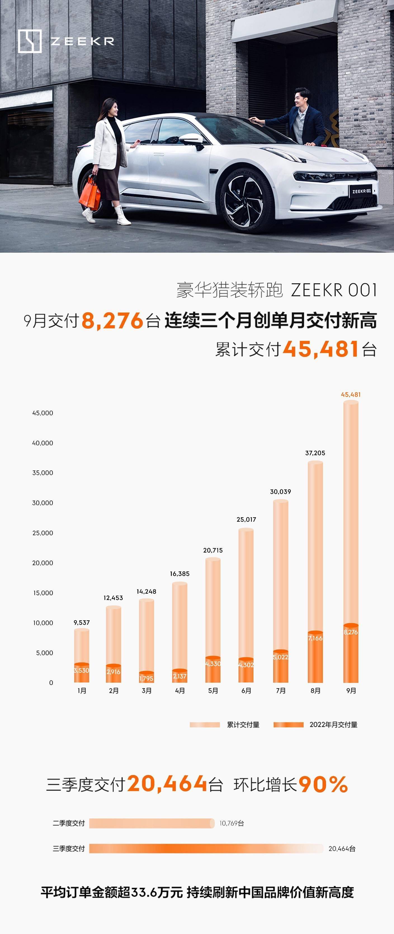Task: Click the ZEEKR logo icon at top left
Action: (29, 41)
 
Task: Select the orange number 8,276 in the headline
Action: (112, 321)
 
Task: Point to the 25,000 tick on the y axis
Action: (43, 533)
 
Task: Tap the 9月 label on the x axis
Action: (351, 691)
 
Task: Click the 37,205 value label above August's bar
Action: (315, 453)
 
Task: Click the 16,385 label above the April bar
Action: (180, 573)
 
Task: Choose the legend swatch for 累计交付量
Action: (205, 724)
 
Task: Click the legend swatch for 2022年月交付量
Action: (288, 724)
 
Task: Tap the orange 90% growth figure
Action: (323, 784)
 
